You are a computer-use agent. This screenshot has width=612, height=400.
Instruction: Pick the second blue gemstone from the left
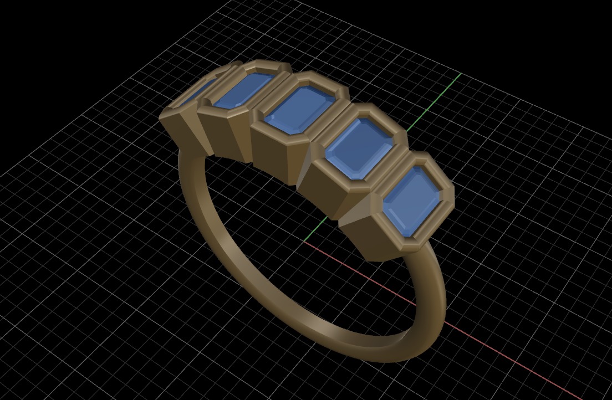click(243, 89)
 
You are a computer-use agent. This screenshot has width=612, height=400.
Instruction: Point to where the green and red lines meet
click(304, 242)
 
